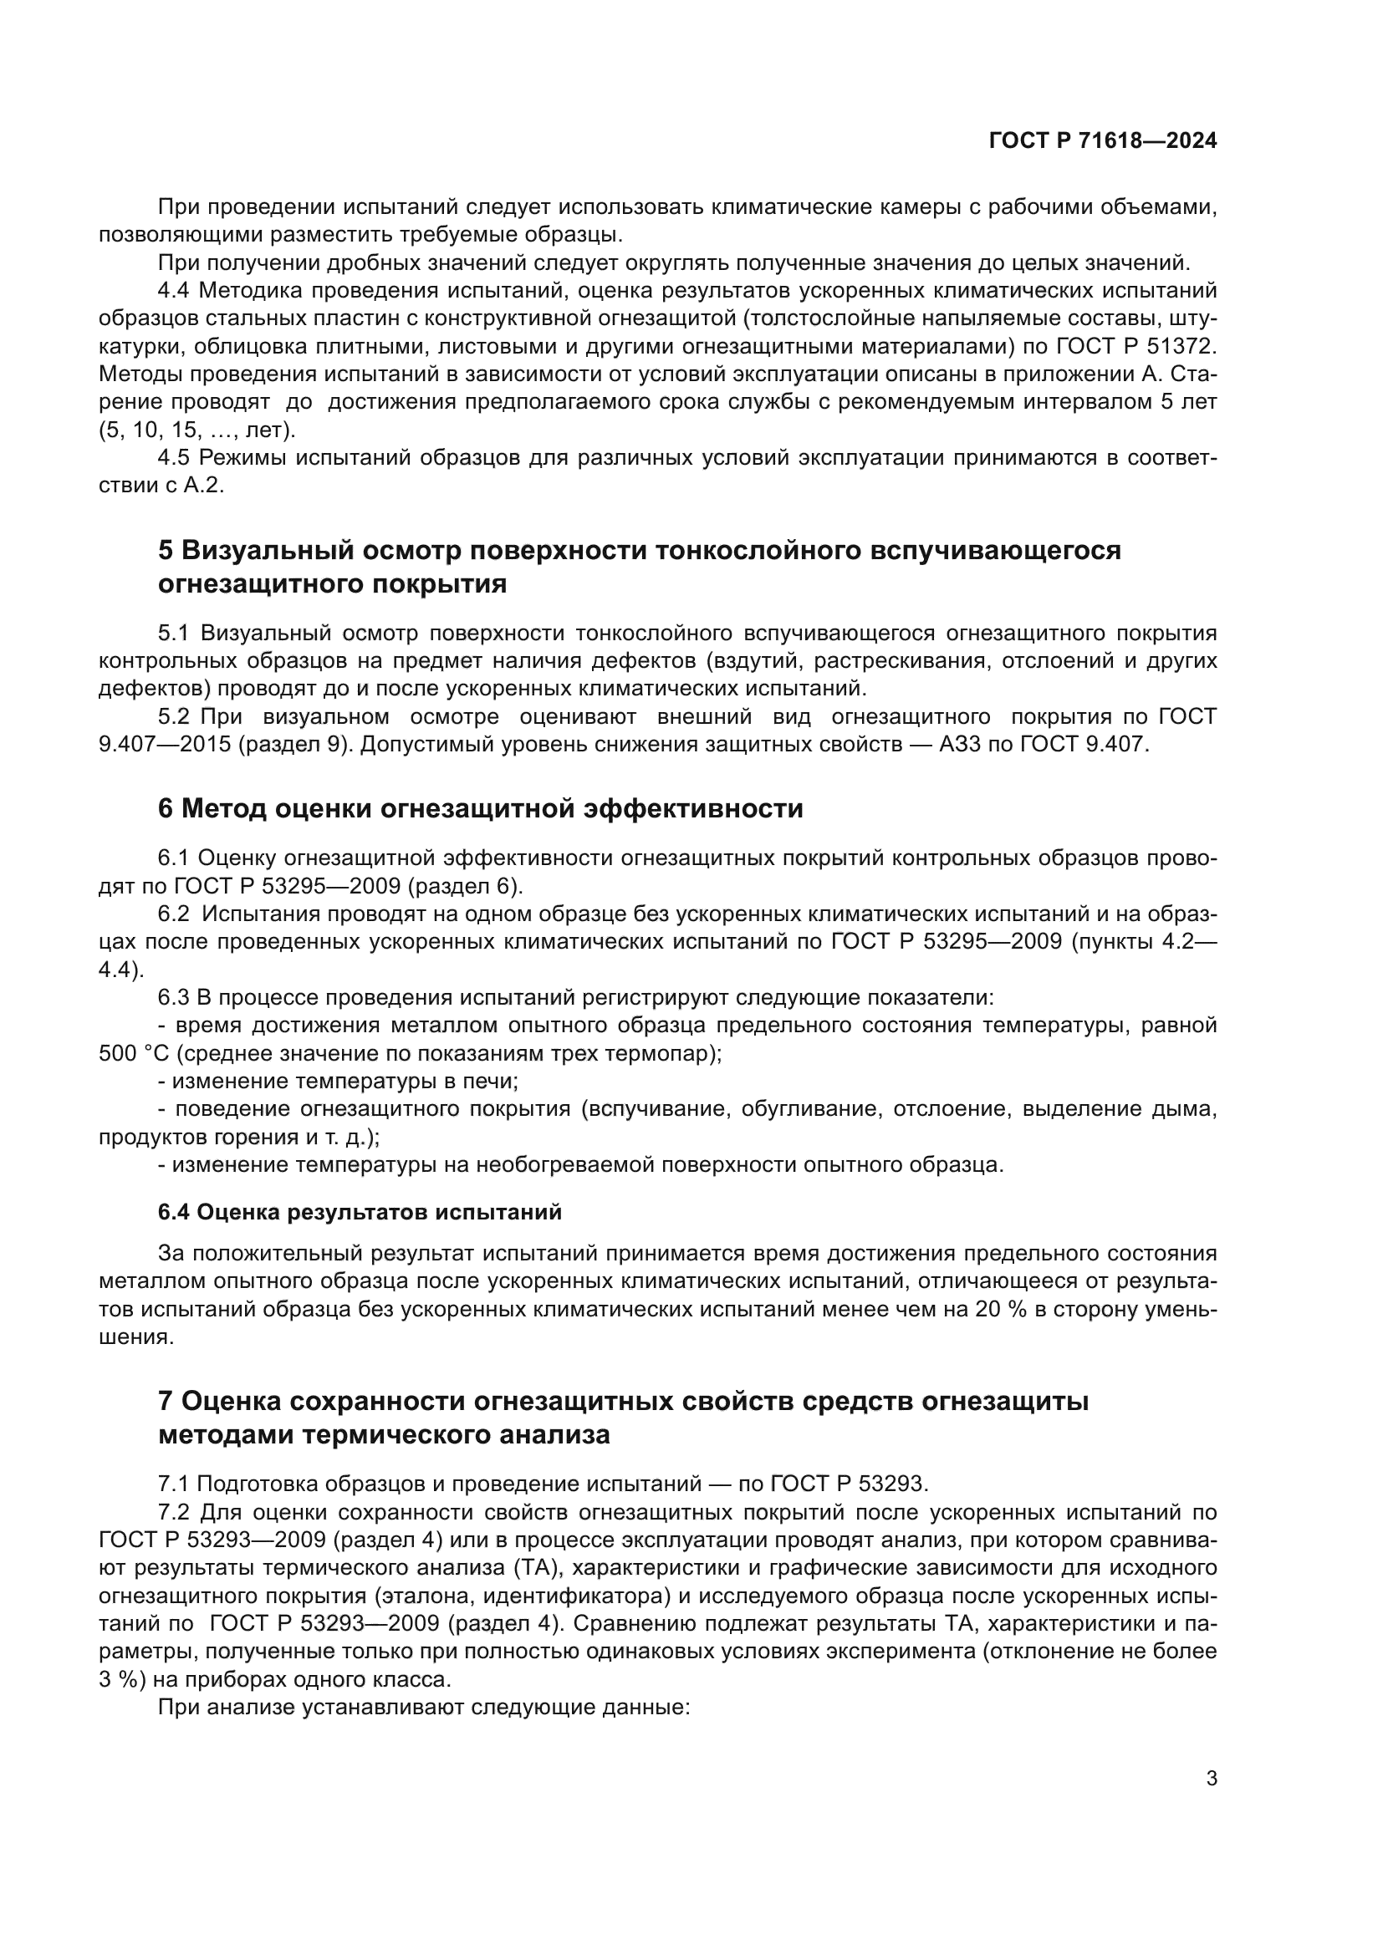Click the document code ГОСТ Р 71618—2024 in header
(1102, 141)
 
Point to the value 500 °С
(135, 1053)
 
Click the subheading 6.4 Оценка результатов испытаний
(360, 1212)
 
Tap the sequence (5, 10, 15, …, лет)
(196, 430)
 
